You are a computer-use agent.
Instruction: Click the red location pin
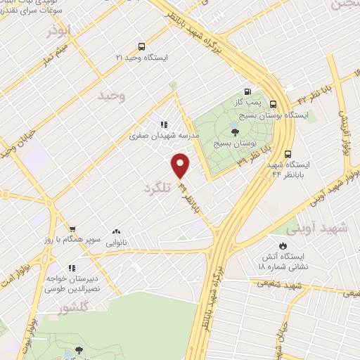[181, 165]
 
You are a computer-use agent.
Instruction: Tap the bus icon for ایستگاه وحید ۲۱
[141, 46]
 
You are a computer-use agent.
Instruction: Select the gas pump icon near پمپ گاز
[247, 91]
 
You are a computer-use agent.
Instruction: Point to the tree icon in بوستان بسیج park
[234, 131]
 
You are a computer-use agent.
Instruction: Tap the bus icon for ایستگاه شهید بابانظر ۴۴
[288, 154]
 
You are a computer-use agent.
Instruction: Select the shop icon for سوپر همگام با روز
[72, 229]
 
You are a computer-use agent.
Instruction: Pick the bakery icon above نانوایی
[116, 231]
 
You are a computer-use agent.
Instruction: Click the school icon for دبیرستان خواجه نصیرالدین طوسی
[70, 268]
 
